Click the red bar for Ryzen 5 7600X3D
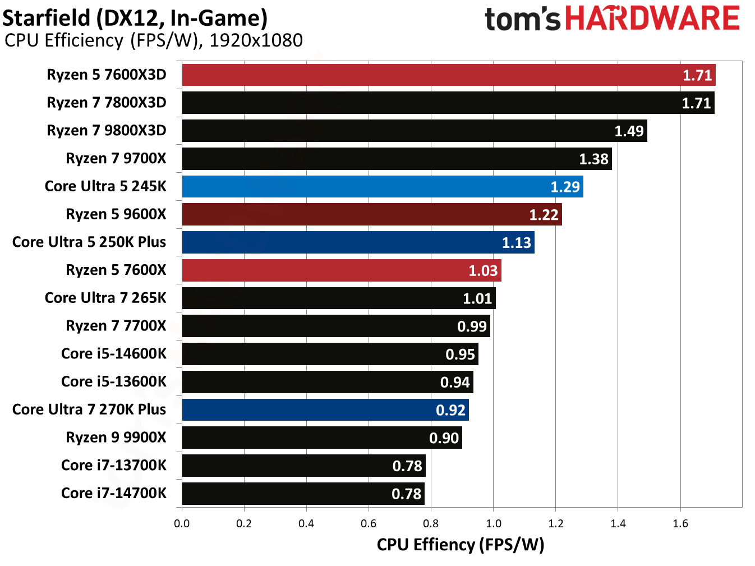tap(448, 75)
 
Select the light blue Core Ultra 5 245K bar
tap(382, 187)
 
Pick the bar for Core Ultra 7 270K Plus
tap(325, 410)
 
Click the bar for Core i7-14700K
tap(303, 494)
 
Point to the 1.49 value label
tap(629, 131)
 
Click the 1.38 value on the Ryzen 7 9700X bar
tap(593, 159)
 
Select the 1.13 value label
tap(516, 243)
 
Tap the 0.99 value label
tap(472, 326)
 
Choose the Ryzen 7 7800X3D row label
tap(107, 103)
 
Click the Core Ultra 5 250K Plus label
tap(89, 242)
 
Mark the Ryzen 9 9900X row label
tap(116, 438)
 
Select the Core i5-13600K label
tap(114, 382)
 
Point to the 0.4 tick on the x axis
tap(306, 524)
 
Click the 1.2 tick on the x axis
tap(556, 524)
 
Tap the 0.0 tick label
tap(182, 524)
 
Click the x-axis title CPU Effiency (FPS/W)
tap(461, 545)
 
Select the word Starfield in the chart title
tap(47, 18)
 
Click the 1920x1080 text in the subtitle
tap(256, 40)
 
